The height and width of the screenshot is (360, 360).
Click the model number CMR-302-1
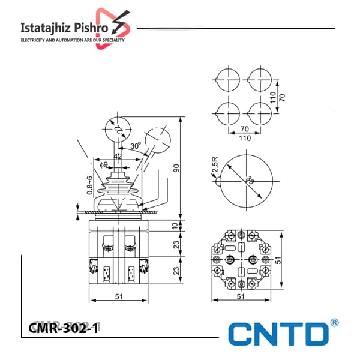point(64,328)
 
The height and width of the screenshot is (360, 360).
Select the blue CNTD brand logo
point(278,334)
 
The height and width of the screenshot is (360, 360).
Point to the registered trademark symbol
point(334,323)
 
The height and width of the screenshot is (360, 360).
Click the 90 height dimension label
point(176,168)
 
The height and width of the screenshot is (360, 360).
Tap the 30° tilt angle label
point(136,146)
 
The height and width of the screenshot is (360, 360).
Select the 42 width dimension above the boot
point(118,157)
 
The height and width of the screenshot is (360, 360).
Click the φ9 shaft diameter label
point(104,164)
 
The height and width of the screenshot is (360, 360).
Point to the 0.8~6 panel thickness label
point(90,185)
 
